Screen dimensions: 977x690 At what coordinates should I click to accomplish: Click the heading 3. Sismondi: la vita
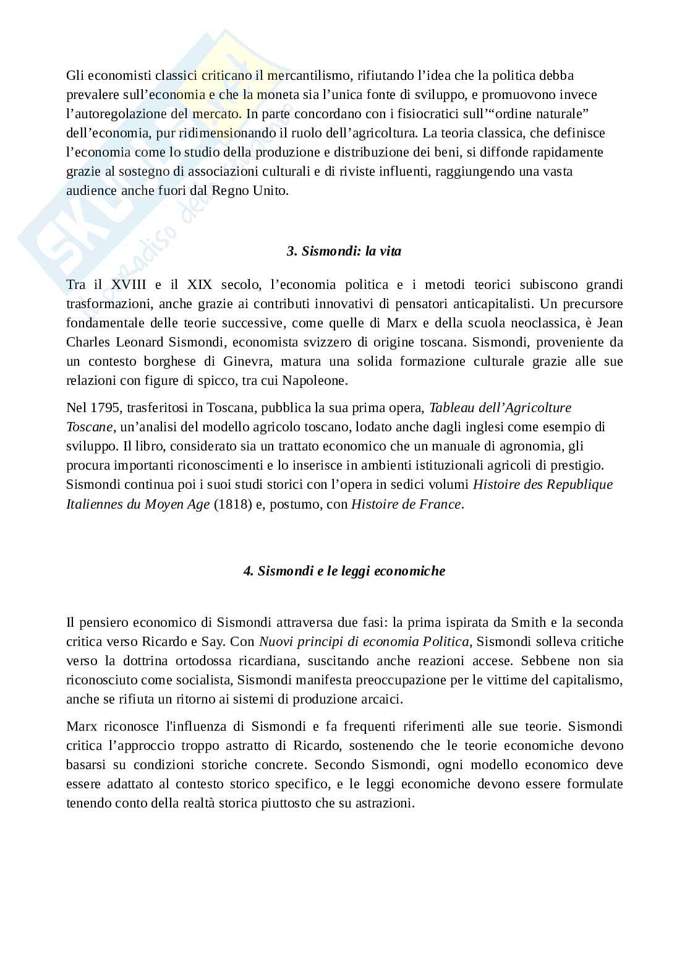[x=344, y=251]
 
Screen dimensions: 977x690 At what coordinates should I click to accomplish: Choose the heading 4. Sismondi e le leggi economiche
[x=344, y=571]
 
